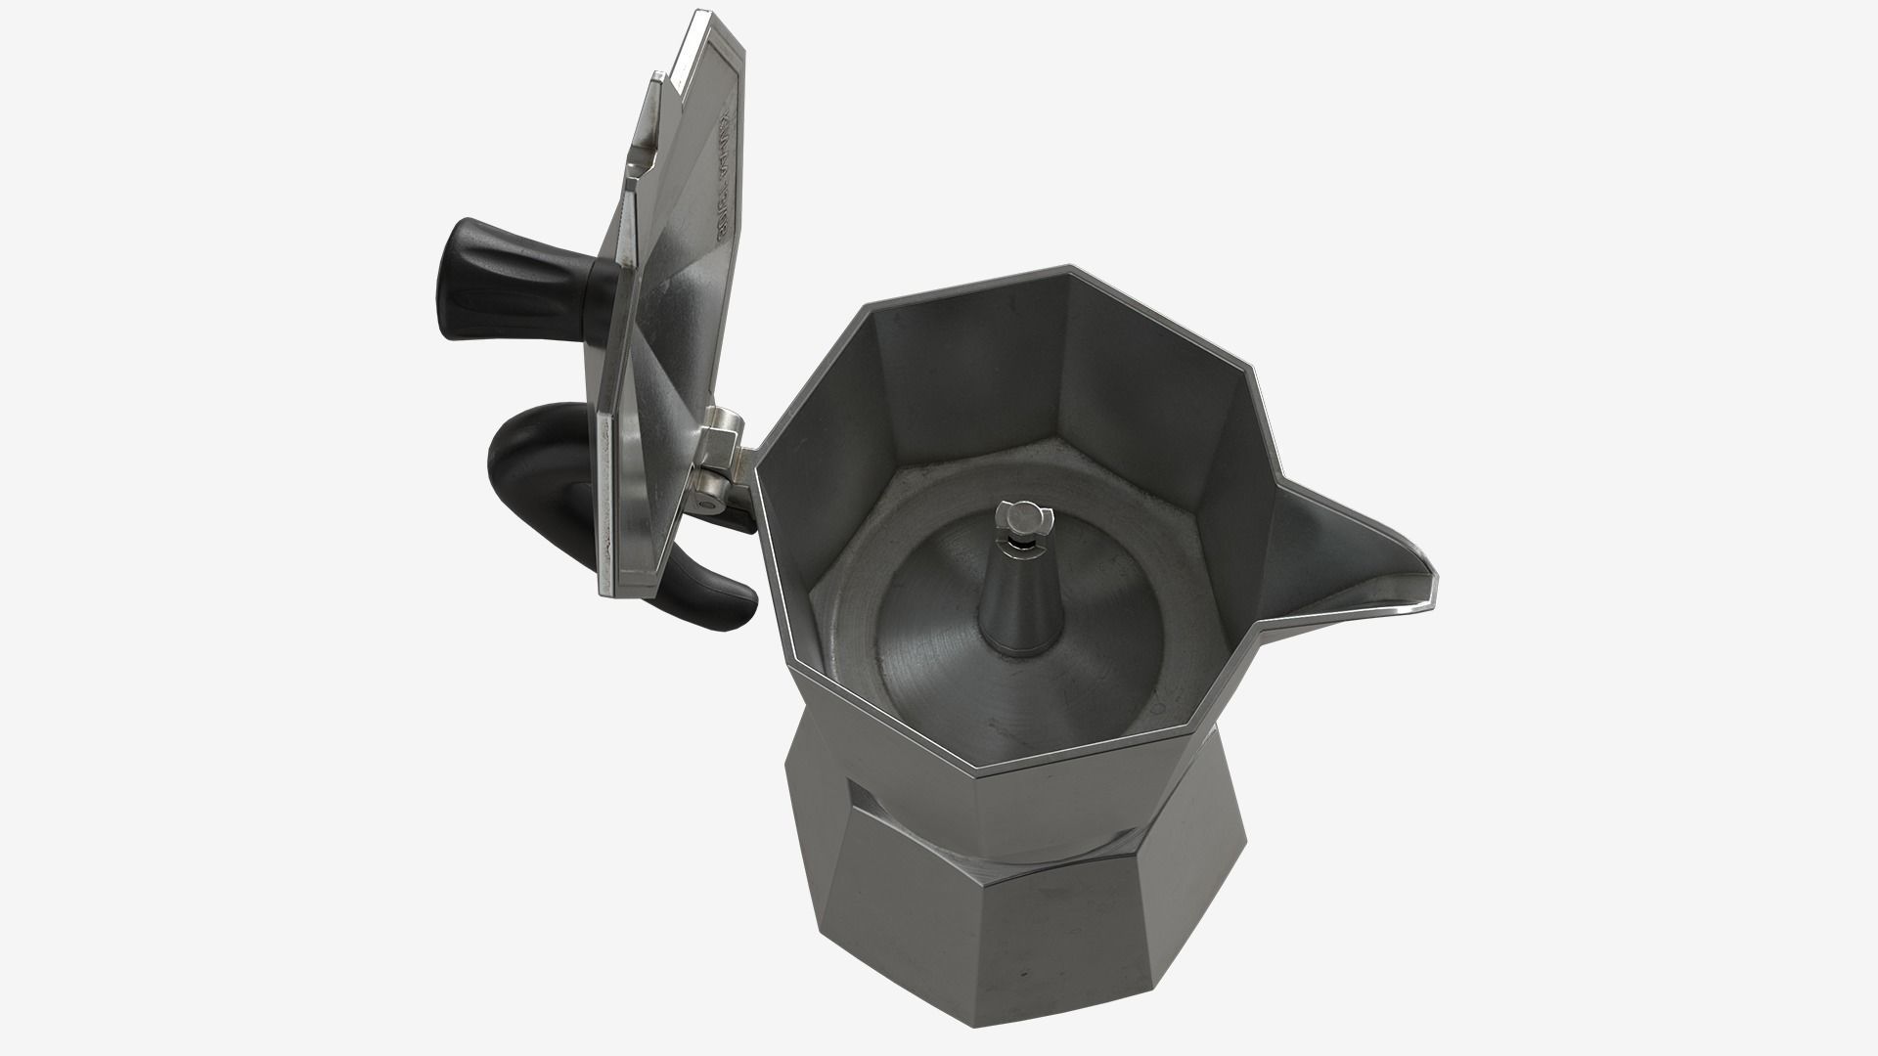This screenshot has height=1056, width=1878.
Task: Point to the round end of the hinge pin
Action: click(x=705, y=505)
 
